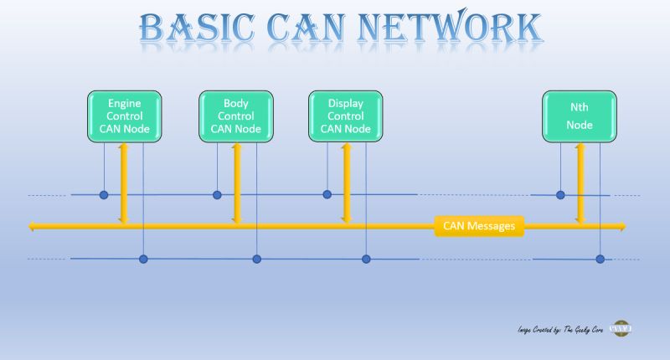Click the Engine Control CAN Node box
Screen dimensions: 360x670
point(124,116)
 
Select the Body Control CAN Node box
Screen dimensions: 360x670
point(235,116)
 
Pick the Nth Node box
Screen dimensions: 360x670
point(580,116)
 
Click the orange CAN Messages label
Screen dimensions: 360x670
point(479,226)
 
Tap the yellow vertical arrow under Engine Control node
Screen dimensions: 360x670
point(123,183)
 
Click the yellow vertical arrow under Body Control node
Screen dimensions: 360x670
point(236,183)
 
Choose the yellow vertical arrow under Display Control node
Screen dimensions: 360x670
point(345,183)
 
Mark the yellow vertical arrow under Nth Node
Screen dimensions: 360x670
point(579,183)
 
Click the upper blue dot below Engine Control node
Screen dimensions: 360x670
point(104,195)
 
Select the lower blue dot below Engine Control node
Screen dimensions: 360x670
point(143,259)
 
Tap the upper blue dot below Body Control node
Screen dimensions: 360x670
point(217,195)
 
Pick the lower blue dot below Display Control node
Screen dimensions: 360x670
point(366,259)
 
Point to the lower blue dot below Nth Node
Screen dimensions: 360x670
point(600,259)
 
